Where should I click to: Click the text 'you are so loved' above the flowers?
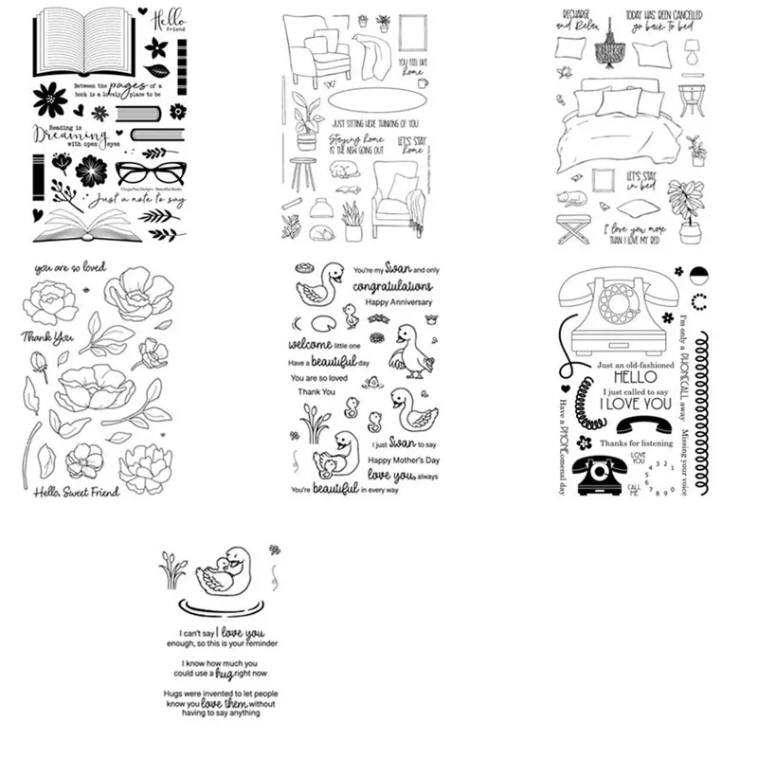tap(70, 269)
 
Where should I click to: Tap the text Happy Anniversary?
tap(398, 301)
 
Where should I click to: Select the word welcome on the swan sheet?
tap(313, 343)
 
